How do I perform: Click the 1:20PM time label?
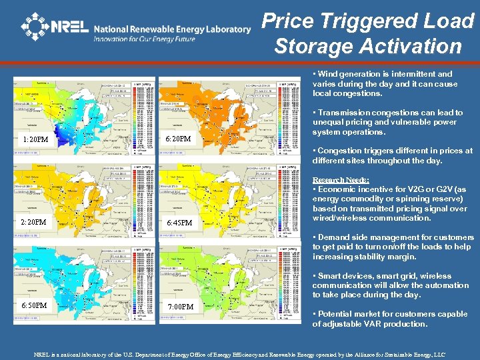coord(35,139)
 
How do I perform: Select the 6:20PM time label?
coord(177,139)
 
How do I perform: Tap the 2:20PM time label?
coord(33,222)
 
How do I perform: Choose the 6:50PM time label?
coord(33,305)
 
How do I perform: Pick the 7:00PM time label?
coord(181,306)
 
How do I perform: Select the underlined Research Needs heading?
coord(338,180)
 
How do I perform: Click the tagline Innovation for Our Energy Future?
coord(144,39)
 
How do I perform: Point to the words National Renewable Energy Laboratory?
coord(172,29)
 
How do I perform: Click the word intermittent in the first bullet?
coord(409,74)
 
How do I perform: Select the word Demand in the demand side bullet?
coord(335,237)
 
